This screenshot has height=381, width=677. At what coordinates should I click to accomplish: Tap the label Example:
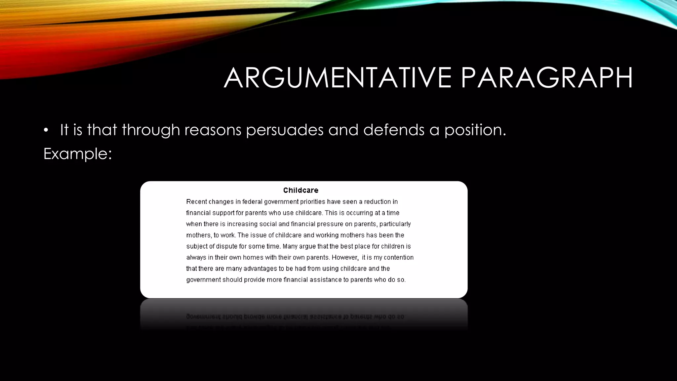[78, 154]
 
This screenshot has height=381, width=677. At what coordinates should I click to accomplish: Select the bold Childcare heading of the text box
[300, 190]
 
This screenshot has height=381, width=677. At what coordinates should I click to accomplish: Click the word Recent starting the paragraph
[196, 202]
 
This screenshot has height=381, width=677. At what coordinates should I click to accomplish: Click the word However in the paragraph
[344, 257]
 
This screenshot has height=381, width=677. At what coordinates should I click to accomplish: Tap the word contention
[398, 257]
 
